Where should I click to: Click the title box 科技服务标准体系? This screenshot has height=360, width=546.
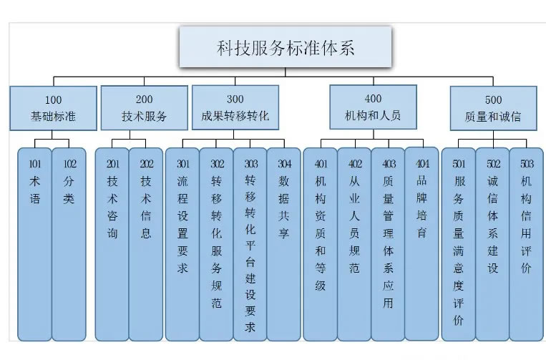pyautogui.click(x=285, y=48)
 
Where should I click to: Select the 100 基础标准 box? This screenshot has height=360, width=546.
pyautogui.click(x=54, y=108)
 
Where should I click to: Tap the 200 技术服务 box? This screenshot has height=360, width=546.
pyautogui.click(x=144, y=107)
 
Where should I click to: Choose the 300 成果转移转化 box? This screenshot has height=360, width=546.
pyautogui.click(x=235, y=107)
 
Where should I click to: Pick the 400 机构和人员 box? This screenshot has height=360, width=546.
pyautogui.click(x=373, y=107)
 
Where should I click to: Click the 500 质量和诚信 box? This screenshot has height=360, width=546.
pyautogui.click(x=493, y=108)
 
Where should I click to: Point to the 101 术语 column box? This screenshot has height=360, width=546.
pyautogui.click(x=34, y=243)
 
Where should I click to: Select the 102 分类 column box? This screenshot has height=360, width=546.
pyautogui.click(x=69, y=243)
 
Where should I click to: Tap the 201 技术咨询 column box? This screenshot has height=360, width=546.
pyautogui.click(x=112, y=243)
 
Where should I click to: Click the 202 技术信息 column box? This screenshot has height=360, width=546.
pyautogui.click(x=146, y=243)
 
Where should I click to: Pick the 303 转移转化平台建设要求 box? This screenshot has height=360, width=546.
pyautogui.click(x=250, y=243)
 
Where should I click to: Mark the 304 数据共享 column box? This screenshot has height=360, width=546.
pyautogui.click(x=284, y=243)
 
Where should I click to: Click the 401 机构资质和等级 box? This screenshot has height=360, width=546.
pyautogui.click(x=320, y=243)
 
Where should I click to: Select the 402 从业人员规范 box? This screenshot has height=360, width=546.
pyautogui.click(x=354, y=243)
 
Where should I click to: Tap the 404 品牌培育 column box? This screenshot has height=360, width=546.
pyautogui.click(x=421, y=243)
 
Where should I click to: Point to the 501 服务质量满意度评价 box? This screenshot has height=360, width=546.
pyautogui.click(x=458, y=243)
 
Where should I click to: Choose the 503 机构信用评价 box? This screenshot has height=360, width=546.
pyautogui.click(x=526, y=243)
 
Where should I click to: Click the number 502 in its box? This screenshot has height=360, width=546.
pyautogui.click(x=493, y=164)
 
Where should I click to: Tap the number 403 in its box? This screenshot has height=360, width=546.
pyautogui.click(x=389, y=164)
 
